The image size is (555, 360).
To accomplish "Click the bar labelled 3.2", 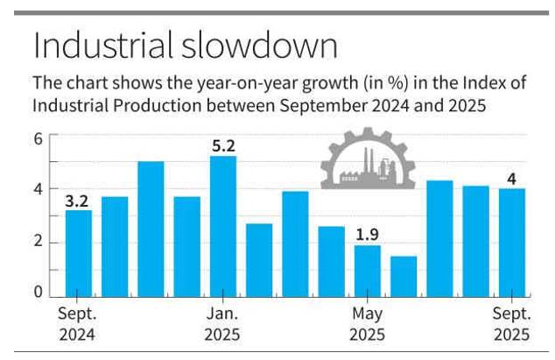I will [x=79, y=252].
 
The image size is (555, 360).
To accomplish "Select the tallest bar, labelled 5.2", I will [x=224, y=226].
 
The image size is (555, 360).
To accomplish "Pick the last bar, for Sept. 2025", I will [x=512, y=242].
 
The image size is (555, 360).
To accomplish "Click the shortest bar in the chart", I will [x=404, y=275].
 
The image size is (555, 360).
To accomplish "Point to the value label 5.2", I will [x=224, y=145].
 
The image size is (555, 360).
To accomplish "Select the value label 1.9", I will [x=368, y=234].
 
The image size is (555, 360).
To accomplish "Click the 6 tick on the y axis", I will [x=39, y=138].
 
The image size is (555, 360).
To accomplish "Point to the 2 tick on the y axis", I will [x=39, y=243].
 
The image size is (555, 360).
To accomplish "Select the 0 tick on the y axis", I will [x=39, y=293].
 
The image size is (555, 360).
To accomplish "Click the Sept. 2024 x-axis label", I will [x=77, y=323].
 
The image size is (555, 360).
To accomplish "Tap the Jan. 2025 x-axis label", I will [x=222, y=323].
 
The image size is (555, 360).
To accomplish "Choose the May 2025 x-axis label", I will [x=367, y=323].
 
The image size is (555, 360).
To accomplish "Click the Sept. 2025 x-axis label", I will [x=510, y=323].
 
